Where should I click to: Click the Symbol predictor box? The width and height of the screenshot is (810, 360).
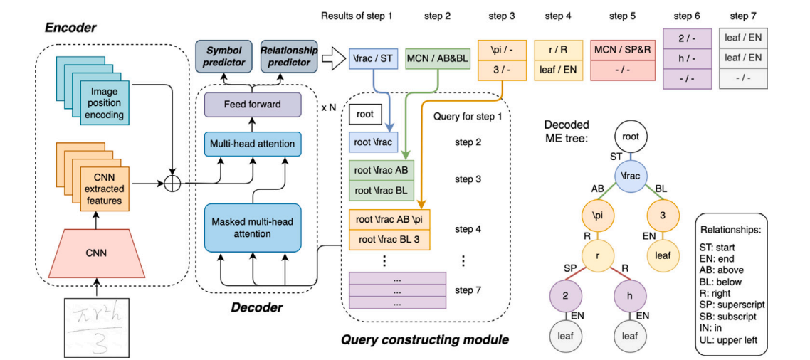(x=224, y=56)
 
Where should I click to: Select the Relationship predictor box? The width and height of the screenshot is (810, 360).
(x=289, y=56)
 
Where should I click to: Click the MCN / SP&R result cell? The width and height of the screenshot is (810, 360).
(x=623, y=51)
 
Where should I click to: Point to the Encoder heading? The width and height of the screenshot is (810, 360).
(x=70, y=27)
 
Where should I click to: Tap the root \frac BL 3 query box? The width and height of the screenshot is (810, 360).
(x=389, y=239)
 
